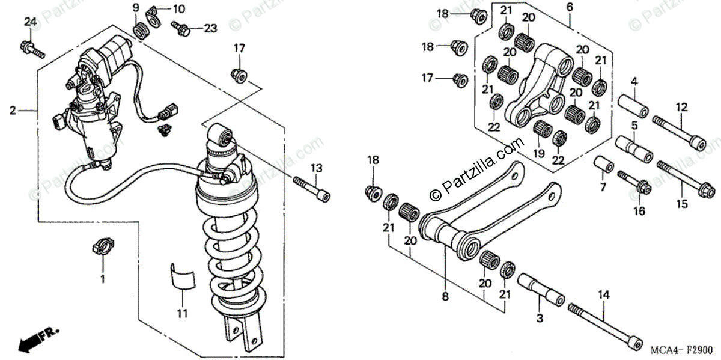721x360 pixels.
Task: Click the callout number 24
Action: click(31, 22)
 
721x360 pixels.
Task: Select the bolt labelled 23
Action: click(180, 26)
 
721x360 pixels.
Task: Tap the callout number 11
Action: click(182, 313)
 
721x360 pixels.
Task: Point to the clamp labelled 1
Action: click(102, 247)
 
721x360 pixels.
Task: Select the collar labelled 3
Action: click(541, 290)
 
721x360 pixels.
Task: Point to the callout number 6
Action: click(569, 7)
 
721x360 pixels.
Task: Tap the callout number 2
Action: click(13, 111)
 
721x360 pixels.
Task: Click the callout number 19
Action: click(538, 154)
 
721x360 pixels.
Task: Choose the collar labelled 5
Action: click(633, 150)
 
